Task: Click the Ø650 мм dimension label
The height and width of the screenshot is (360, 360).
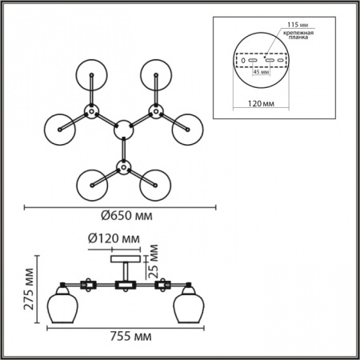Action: pyautogui.click(x=127, y=215)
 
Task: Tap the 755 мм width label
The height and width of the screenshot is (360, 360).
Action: pyautogui.click(x=130, y=336)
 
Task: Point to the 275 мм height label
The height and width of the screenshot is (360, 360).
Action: pyautogui.click(x=29, y=289)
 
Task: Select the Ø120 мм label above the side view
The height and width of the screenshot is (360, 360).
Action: pyautogui.click(x=114, y=238)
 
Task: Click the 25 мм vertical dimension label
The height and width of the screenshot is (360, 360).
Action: pyautogui.click(x=153, y=262)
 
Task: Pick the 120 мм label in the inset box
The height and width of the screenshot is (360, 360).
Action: pyautogui.click(x=261, y=103)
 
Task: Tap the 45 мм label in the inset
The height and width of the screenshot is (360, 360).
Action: pyautogui.click(x=261, y=72)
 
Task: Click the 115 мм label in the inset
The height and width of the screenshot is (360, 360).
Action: pyautogui.click(x=298, y=25)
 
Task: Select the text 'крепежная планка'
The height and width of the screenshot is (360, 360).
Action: pyautogui.click(x=298, y=35)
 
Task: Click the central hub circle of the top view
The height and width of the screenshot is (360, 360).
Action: pyautogui.click(x=123, y=130)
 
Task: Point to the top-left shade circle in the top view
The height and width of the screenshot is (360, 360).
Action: pyautogui.click(x=91, y=75)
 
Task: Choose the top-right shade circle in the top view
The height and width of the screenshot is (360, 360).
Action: pyautogui.click(x=156, y=75)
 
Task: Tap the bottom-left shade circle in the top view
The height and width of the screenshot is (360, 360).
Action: pyautogui.click(x=92, y=185)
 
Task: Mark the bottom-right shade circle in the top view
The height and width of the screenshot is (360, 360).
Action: pyautogui.click(x=155, y=185)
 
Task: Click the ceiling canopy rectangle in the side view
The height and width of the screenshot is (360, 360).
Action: pyautogui.click(x=126, y=259)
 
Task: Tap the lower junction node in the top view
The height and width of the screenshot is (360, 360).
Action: pyautogui.click(x=123, y=167)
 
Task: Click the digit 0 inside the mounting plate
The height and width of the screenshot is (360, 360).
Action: pyautogui.click(x=243, y=61)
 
